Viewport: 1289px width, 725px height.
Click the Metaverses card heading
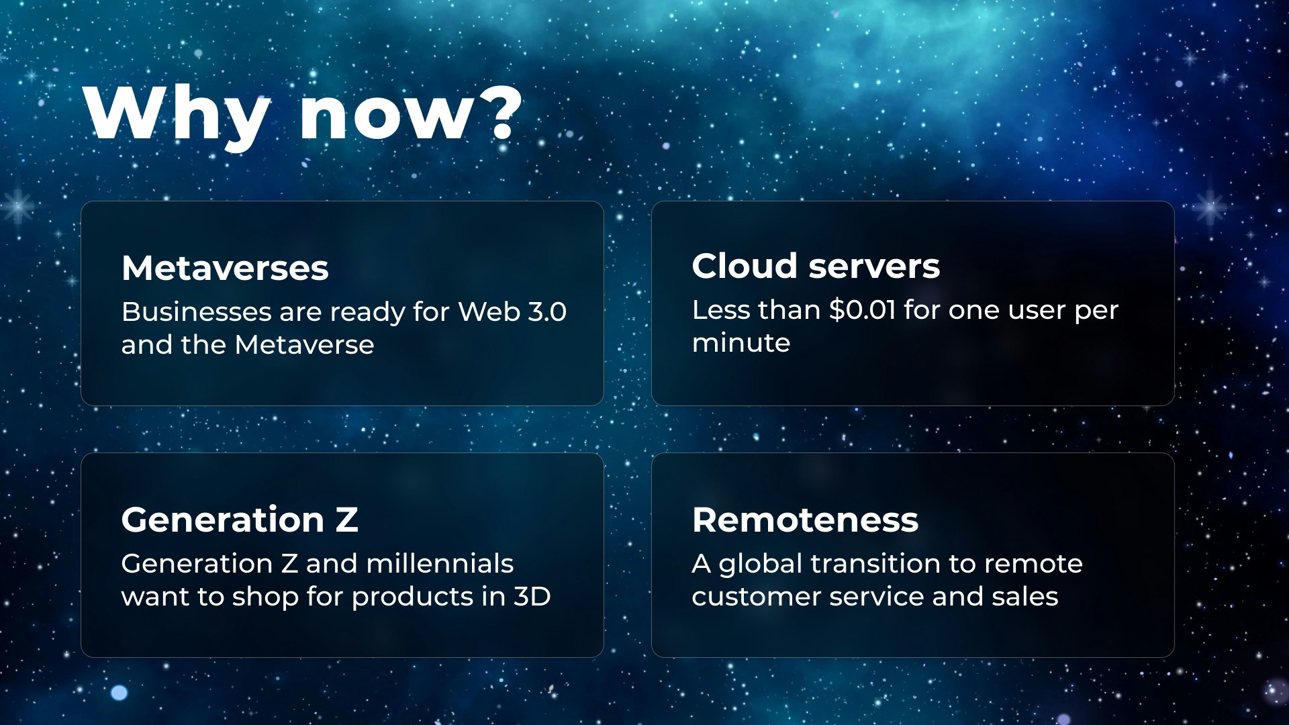point(225,268)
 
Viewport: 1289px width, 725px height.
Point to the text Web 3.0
point(512,311)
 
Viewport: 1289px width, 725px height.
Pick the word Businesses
point(197,311)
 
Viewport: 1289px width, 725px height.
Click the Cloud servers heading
point(816,266)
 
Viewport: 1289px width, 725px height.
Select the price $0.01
point(863,309)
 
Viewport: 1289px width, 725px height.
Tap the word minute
point(741,343)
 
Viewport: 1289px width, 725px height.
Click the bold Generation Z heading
point(240,520)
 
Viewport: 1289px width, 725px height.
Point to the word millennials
point(440,563)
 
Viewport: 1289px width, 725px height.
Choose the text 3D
point(532,596)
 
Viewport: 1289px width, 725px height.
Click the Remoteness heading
point(805,520)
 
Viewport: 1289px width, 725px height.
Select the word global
point(761,565)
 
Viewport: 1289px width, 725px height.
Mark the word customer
point(757,597)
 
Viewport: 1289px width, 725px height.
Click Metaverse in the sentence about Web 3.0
point(304,345)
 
